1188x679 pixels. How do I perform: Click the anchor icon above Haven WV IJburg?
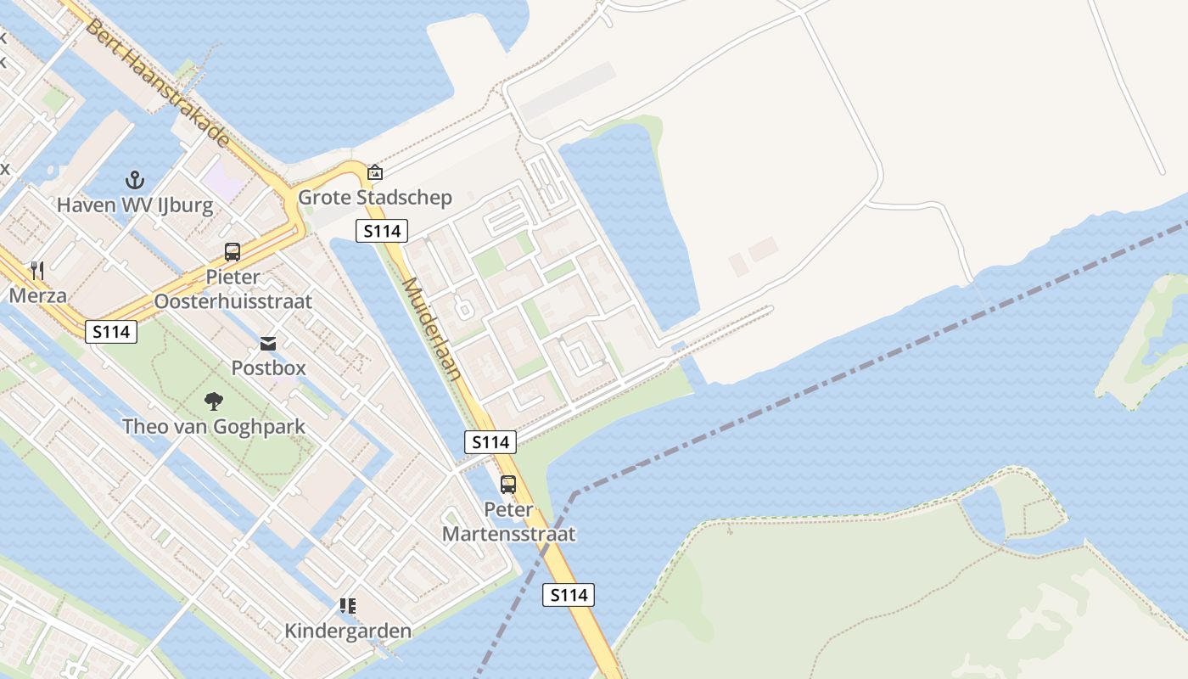pos(134,180)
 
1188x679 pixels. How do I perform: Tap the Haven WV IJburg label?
pos(135,205)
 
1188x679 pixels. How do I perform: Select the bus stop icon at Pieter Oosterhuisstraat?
pos(233,252)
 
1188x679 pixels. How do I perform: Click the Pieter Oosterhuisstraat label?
pos(233,289)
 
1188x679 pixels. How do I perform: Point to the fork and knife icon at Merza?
pos(36,271)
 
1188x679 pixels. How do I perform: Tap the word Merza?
pos(37,296)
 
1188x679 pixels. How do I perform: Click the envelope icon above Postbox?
pos(268,344)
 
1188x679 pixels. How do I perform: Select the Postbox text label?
pos(268,368)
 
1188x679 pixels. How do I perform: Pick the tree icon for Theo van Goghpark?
pos(214,401)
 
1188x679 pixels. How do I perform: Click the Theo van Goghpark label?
pos(214,426)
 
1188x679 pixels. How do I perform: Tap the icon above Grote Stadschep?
pos(374,172)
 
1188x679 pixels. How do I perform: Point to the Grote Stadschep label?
pos(374,198)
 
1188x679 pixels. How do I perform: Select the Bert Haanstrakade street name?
pos(156,81)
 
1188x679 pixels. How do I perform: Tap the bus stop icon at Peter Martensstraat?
pos(508,485)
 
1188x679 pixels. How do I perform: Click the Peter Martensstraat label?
pos(508,522)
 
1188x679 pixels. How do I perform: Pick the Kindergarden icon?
pos(347,606)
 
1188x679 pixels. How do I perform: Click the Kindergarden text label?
pos(348,631)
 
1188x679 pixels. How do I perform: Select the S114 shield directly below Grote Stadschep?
pos(382,230)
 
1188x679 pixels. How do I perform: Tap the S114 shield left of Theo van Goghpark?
pos(111,332)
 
